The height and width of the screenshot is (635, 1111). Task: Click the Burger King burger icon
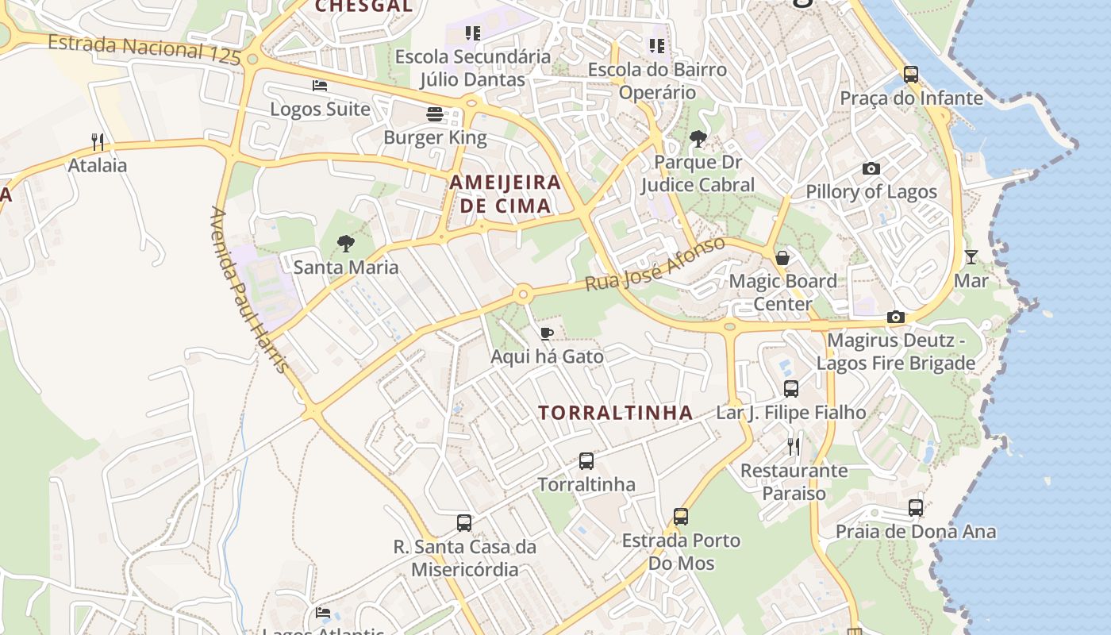coord(435,114)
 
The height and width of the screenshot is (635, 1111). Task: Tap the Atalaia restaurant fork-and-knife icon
coord(98,142)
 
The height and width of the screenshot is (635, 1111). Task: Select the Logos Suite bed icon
coord(320,85)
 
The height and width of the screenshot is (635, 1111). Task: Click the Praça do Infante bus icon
coord(911,75)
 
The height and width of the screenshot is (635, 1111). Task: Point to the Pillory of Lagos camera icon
coord(871,168)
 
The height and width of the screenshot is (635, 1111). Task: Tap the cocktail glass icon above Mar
coord(971,256)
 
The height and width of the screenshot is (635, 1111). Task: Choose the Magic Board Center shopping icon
coord(782,257)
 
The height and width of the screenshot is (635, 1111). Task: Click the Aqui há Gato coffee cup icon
coord(546,333)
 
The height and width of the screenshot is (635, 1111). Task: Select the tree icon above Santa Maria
coord(345,243)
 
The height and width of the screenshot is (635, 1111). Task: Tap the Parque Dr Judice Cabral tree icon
coord(698,139)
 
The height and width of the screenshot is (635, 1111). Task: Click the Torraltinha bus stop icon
coord(586,460)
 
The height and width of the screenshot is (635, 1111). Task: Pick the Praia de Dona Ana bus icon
coord(916,508)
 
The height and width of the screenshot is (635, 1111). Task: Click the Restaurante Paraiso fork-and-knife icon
coord(794,447)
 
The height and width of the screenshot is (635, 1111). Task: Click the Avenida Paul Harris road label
coord(248,289)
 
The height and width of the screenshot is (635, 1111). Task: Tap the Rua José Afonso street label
coord(655,264)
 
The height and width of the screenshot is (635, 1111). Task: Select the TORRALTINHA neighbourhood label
coord(616,413)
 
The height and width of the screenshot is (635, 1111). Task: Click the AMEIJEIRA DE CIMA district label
coord(506,194)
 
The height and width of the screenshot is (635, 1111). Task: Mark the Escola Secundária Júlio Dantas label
coord(472,67)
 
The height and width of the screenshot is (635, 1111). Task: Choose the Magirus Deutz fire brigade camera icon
coord(896,317)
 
